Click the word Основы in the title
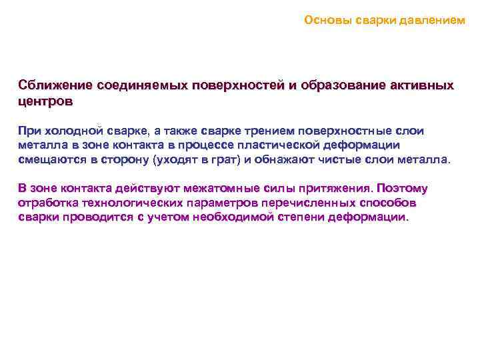pos(322,20)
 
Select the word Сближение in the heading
pos(55,87)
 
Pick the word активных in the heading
pos(421,87)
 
